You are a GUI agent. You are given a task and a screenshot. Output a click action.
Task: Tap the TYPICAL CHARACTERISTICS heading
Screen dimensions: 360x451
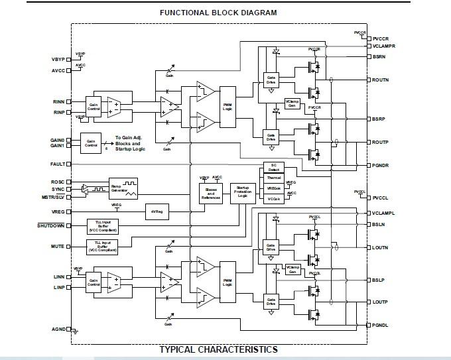pyautogui.click(x=218, y=349)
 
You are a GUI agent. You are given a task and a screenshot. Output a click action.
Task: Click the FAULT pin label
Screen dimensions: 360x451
pyautogui.click(x=57, y=164)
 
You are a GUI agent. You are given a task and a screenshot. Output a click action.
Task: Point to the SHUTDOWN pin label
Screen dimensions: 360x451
pyautogui.click(x=51, y=226)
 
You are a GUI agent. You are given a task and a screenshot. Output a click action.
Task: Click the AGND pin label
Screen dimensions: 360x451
pyautogui.click(x=58, y=330)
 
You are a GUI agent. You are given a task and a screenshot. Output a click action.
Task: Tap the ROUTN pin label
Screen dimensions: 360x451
pyautogui.click(x=380, y=80)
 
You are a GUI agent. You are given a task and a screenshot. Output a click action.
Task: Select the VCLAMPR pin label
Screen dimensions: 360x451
pyautogui.click(x=384, y=46)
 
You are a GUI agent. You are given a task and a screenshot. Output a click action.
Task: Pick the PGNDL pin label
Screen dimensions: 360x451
pyautogui.click(x=380, y=325)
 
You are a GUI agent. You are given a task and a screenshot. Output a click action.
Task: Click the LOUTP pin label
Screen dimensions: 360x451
pyautogui.click(x=380, y=302)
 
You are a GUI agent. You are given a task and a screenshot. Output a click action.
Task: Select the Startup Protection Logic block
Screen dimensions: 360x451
pyautogui.click(x=242, y=192)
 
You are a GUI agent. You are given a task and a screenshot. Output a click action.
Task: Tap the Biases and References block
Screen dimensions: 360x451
pyautogui.click(x=211, y=192)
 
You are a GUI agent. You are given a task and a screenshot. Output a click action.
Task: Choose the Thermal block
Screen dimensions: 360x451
pyautogui.click(x=274, y=178)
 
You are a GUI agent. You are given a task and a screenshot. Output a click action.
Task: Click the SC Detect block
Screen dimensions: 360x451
pyautogui.click(x=274, y=167)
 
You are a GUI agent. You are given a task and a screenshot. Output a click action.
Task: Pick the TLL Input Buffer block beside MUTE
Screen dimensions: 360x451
pyautogui.click(x=104, y=247)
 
